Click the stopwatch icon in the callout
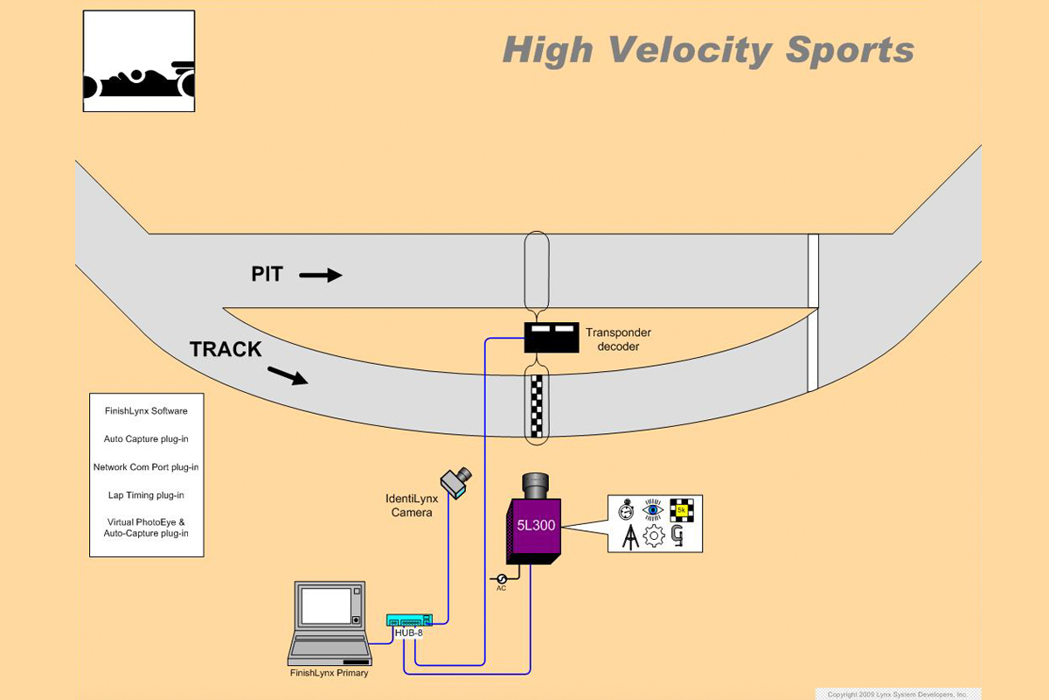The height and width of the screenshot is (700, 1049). tap(626, 510)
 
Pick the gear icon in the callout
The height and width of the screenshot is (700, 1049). tap(654, 536)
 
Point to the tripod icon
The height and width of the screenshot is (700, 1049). tap(629, 536)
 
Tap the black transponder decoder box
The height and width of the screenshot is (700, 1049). tap(552, 337)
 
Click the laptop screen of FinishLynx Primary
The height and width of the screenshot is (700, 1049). tap(325, 605)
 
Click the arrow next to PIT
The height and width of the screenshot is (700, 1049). tap(320, 276)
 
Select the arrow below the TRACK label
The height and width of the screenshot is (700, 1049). tap(287, 375)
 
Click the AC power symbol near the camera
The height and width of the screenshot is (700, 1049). tap(502, 578)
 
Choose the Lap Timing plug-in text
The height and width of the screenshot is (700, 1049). tap(146, 495)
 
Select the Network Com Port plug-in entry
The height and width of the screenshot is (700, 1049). tap(146, 467)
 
